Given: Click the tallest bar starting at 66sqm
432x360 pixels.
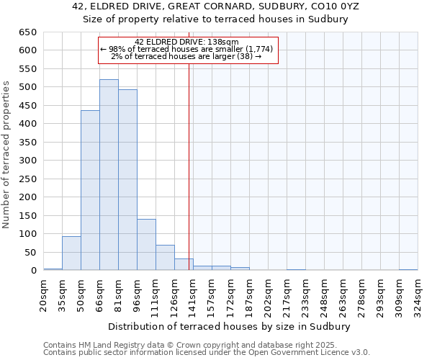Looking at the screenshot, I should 109,175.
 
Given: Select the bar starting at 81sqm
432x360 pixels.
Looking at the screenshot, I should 127,180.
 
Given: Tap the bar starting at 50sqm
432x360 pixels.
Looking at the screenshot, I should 90,191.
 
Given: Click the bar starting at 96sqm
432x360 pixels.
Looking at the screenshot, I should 146,245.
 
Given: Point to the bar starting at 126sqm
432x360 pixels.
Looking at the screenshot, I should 184,264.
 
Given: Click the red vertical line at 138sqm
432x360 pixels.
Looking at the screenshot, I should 189,166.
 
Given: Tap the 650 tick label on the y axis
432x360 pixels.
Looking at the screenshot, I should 27,32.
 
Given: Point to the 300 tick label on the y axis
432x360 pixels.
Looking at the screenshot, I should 27,161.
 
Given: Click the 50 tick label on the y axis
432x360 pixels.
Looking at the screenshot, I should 30,253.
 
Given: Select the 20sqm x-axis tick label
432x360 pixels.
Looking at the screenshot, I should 43,295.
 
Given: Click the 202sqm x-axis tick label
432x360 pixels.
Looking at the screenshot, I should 268,295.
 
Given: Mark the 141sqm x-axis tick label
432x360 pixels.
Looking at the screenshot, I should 193,295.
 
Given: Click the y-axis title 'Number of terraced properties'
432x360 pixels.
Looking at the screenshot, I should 6,155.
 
